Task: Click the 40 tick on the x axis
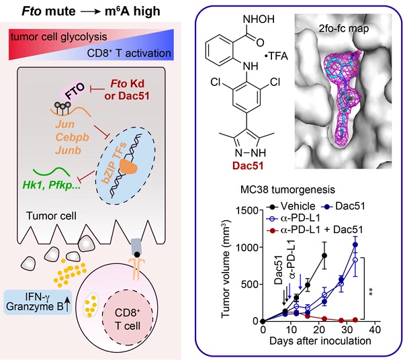[377, 330]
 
